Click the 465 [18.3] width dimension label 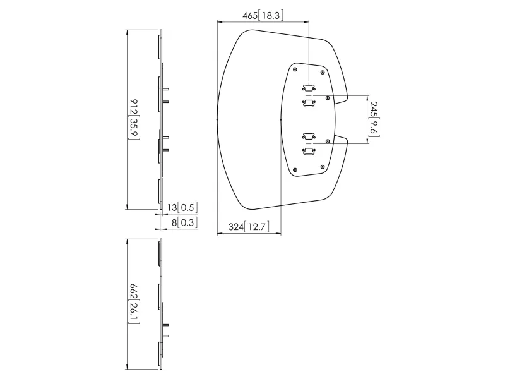point(263,15)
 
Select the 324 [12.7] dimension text point(249,227)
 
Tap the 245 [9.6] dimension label point(374,119)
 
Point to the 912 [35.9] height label point(134,119)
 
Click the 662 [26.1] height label point(134,304)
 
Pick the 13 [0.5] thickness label point(182,207)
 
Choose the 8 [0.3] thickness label point(184,222)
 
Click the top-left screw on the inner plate point(295,69)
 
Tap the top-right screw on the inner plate point(322,73)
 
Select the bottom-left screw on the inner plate point(295,170)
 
